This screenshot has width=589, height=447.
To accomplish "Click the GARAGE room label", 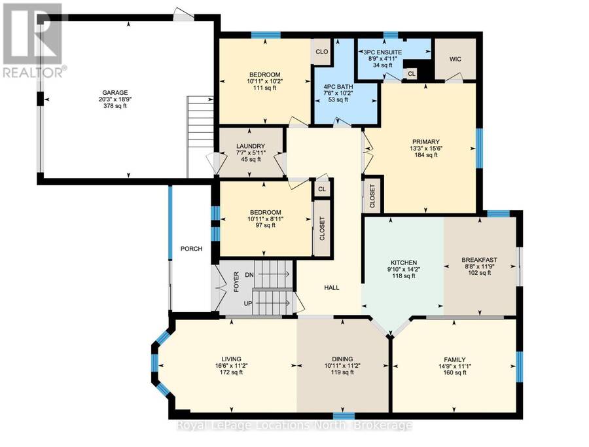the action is click(x=115, y=93).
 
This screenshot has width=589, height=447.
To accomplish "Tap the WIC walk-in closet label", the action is click(x=455, y=59).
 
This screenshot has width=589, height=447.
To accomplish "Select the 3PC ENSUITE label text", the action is click(x=383, y=52).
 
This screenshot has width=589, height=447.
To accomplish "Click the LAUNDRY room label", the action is click(x=251, y=146).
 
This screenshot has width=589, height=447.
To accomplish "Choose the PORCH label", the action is click(x=191, y=249).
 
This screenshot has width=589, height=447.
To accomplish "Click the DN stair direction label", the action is click(x=249, y=275).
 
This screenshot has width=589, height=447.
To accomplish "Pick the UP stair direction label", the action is click(x=248, y=303).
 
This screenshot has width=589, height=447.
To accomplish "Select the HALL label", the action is click(x=332, y=288).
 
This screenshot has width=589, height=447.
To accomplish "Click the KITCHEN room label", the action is click(x=404, y=262).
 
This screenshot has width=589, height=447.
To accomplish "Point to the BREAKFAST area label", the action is click(x=479, y=260).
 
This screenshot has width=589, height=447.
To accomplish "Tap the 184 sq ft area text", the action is click(x=425, y=154).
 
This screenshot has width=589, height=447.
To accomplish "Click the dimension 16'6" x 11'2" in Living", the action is click(x=231, y=365).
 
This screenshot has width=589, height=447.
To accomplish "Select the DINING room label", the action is click(x=342, y=359).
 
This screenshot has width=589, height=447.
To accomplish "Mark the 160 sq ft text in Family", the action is click(x=455, y=372).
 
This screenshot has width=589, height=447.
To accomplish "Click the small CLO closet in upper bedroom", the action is click(x=322, y=52).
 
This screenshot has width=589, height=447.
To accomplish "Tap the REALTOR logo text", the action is click(x=33, y=73).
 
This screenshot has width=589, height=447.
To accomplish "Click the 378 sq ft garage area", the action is click(x=115, y=106).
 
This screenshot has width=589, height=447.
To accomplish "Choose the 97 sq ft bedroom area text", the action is click(x=265, y=225).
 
